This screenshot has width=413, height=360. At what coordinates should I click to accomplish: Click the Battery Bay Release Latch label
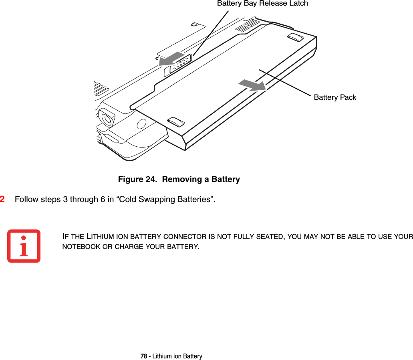[262, 4]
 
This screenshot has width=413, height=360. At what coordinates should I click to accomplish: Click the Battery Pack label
[335, 97]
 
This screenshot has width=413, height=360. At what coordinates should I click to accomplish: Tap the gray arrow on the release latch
[173, 59]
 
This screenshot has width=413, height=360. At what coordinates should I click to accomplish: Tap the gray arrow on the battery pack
[252, 85]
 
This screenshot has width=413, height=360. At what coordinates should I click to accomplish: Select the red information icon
[24, 246]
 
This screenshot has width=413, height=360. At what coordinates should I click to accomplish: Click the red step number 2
[3, 199]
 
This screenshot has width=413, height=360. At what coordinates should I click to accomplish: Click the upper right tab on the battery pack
[296, 37]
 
